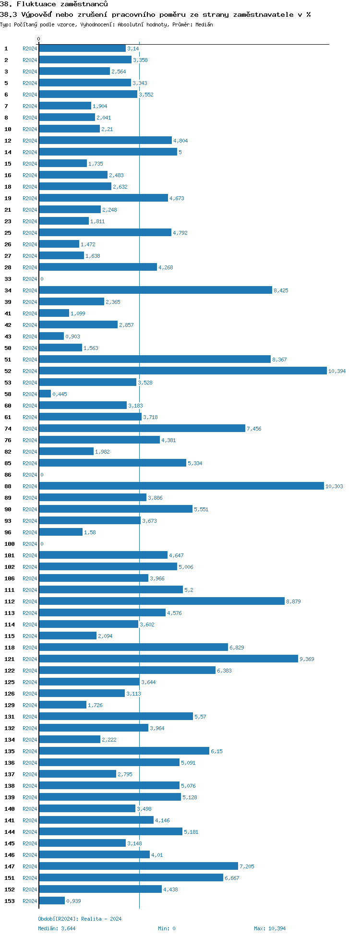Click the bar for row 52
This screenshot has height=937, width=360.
182,371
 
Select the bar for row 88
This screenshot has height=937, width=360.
181,486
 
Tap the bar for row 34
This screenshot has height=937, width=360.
155,290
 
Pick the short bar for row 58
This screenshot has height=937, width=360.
45,394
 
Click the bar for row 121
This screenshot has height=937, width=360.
168,659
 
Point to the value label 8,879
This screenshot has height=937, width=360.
293,601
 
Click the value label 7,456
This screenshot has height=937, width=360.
254,429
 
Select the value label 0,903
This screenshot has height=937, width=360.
72,336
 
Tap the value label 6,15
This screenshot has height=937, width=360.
216,751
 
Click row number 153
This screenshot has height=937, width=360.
10,901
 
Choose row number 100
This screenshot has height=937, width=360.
10,544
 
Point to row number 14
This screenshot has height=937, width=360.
8,152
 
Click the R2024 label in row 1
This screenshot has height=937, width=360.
30,48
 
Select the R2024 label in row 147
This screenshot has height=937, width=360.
30,866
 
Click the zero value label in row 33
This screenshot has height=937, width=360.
42,279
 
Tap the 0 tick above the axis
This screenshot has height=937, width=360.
39,39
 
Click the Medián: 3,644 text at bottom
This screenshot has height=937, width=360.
57,928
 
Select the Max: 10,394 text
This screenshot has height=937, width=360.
270,928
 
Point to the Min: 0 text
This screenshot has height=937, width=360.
167,928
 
